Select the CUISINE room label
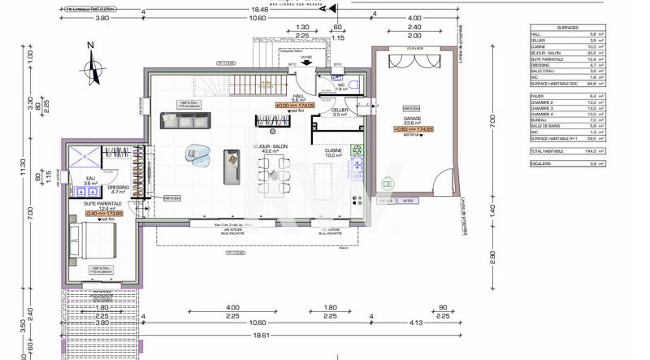(333, 150)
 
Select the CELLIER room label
(340, 110)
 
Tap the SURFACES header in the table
(568, 28)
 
